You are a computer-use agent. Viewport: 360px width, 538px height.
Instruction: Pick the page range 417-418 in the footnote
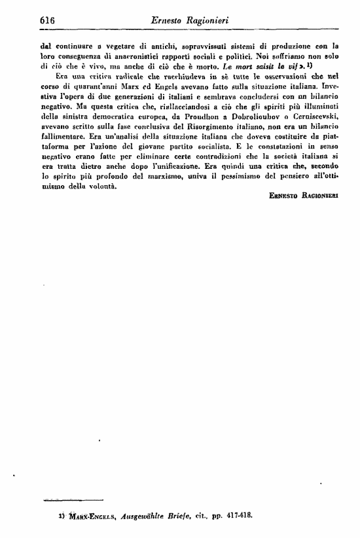tap(238, 516)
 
